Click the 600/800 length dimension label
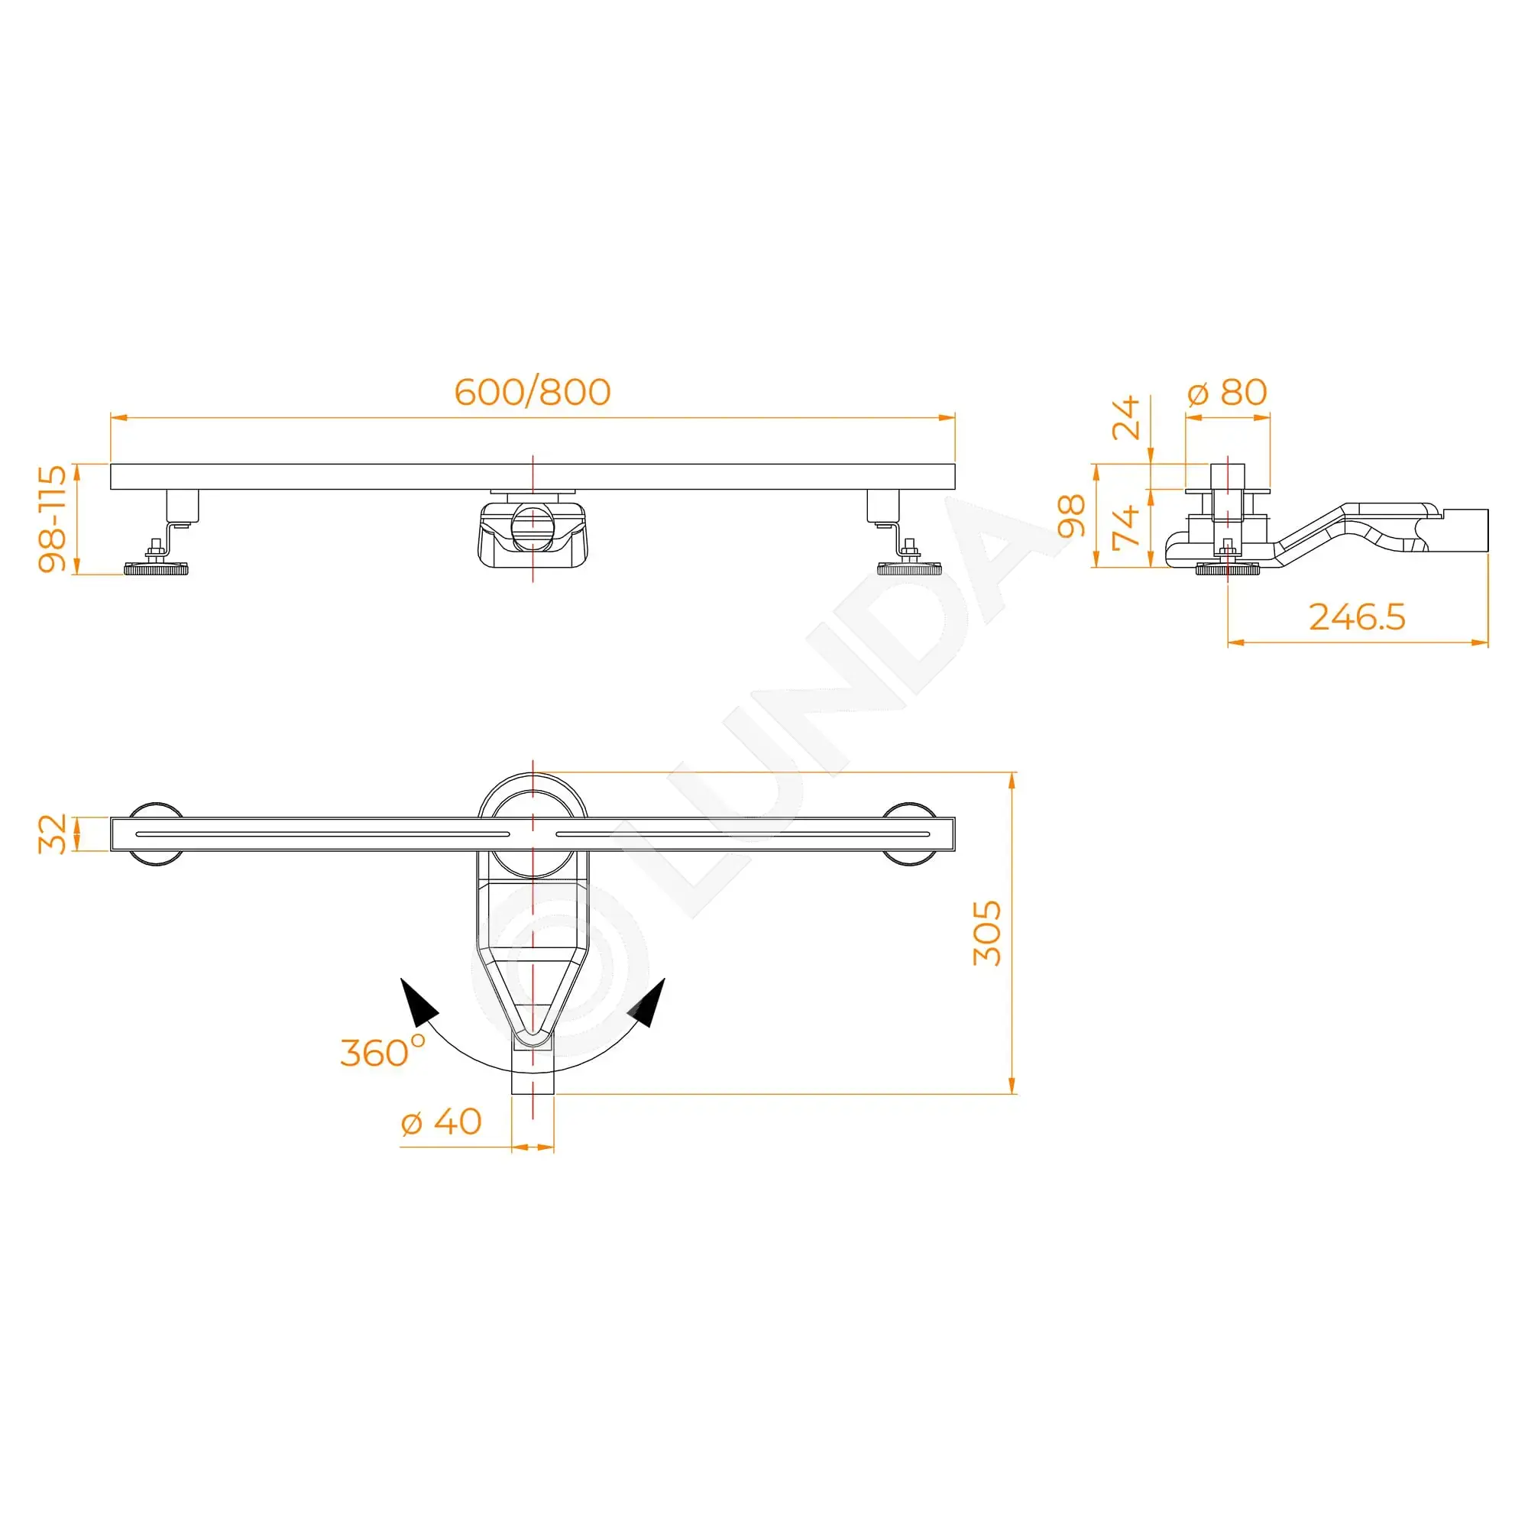pyautogui.click(x=533, y=392)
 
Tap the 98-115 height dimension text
pyautogui.click(x=53, y=518)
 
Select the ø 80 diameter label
pyautogui.click(x=1228, y=392)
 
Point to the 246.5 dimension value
pyautogui.click(x=1357, y=617)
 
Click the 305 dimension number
pyautogui.click(x=987, y=934)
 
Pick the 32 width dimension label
pyautogui.click(x=53, y=834)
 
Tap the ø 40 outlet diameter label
pyautogui.click(x=442, y=1122)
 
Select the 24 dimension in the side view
pyautogui.click(x=1126, y=418)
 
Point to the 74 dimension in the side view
pyautogui.click(x=1126, y=526)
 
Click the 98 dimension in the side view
pyautogui.click(x=1072, y=516)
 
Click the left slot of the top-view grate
pyautogui.click(x=322, y=834)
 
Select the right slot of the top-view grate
pyautogui.click(x=743, y=834)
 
